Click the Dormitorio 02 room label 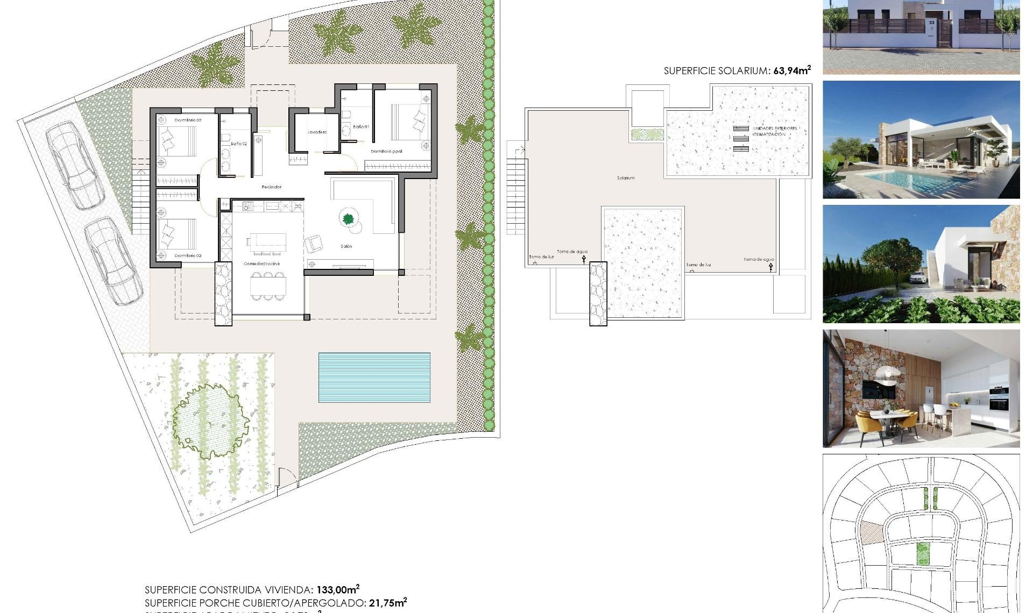188,120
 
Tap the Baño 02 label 239,144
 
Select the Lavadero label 317,132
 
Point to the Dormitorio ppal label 386,152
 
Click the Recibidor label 271,187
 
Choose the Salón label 346,246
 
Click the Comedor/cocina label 261,264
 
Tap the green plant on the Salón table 348,218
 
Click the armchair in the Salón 314,244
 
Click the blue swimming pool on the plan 374,377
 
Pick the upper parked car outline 75,164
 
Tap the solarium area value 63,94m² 791,70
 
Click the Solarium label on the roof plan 625,178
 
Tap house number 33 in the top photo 932,23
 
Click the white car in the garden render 918,278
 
